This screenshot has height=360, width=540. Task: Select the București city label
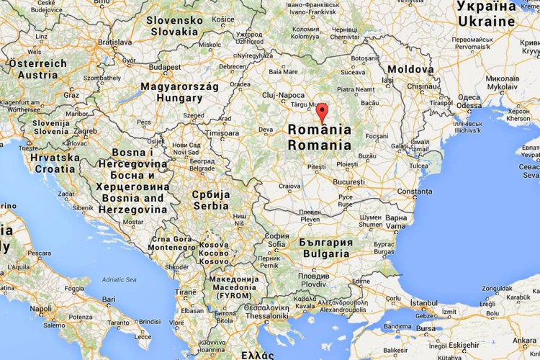click(349, 182)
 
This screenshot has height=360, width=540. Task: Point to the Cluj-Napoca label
click(283, 94)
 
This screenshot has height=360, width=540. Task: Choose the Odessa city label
click(469, 105)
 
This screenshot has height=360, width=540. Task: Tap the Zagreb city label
click(84, 131)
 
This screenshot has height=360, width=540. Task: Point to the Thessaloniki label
click(265, 315)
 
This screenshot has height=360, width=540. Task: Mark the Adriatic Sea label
click(118, 279)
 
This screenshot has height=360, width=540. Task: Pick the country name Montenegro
click(171, 246)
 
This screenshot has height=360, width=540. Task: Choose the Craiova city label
click(289, 186)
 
